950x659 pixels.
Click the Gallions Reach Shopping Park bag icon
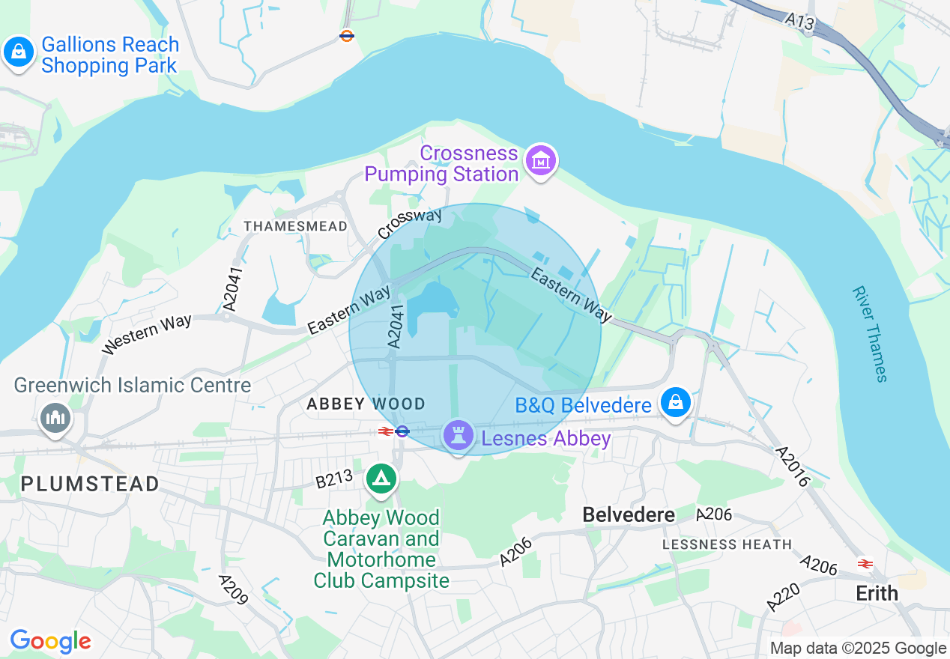pyautogui.click(x=18, y=53)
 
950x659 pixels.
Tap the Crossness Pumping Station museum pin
pyautogui.click(x=540, y=161)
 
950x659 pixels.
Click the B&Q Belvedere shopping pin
pyautogui.click(x=676, y=403)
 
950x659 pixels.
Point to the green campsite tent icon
pyautogui.click(x=381, y=479)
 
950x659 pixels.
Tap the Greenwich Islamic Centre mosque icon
pyautogui.click(x=55, y=417)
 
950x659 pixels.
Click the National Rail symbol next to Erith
pyautogui.click(x=865, y=563)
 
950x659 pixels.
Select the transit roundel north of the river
pyautogui.click(x=346, y=35)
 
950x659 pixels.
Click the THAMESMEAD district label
pyautogui.click(x=296, y=226)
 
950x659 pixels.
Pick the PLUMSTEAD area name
pyautogui.click(x=90, y=484)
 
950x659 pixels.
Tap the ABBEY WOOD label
pyautogui.click(x=366, y=404)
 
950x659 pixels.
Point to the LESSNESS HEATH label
pyautogui.click(x=727, y=544)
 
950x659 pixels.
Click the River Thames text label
pyautogui.click(x=870, y=333)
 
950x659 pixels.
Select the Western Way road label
pyautogui.click(x=147, y=334)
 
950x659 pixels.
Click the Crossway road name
pyautogui.click(x=410, y=224)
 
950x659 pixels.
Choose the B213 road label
pyautogui.click(x=333, y=480)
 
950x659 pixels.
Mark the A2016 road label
pyautogui.click(x=792, y=467)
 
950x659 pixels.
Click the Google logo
pyautogui.click(x=50, y=641)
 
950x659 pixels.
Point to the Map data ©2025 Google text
pyautogui.click(x=858, y=649)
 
